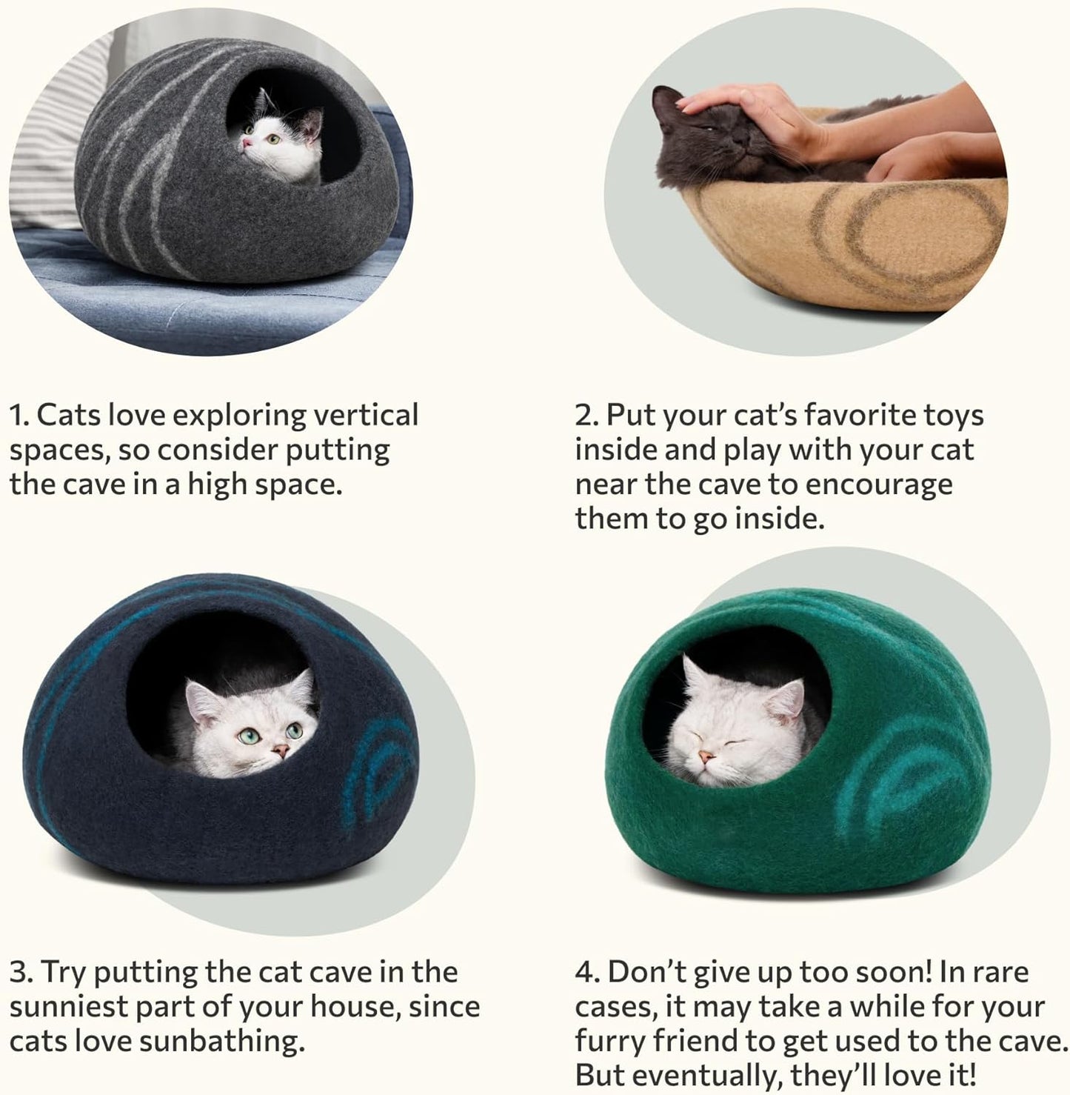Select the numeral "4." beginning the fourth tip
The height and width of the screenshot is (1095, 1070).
point(587,972)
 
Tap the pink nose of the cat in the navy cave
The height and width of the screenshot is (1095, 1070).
point(281,751)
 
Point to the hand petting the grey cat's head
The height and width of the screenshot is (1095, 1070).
point(740,107)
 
